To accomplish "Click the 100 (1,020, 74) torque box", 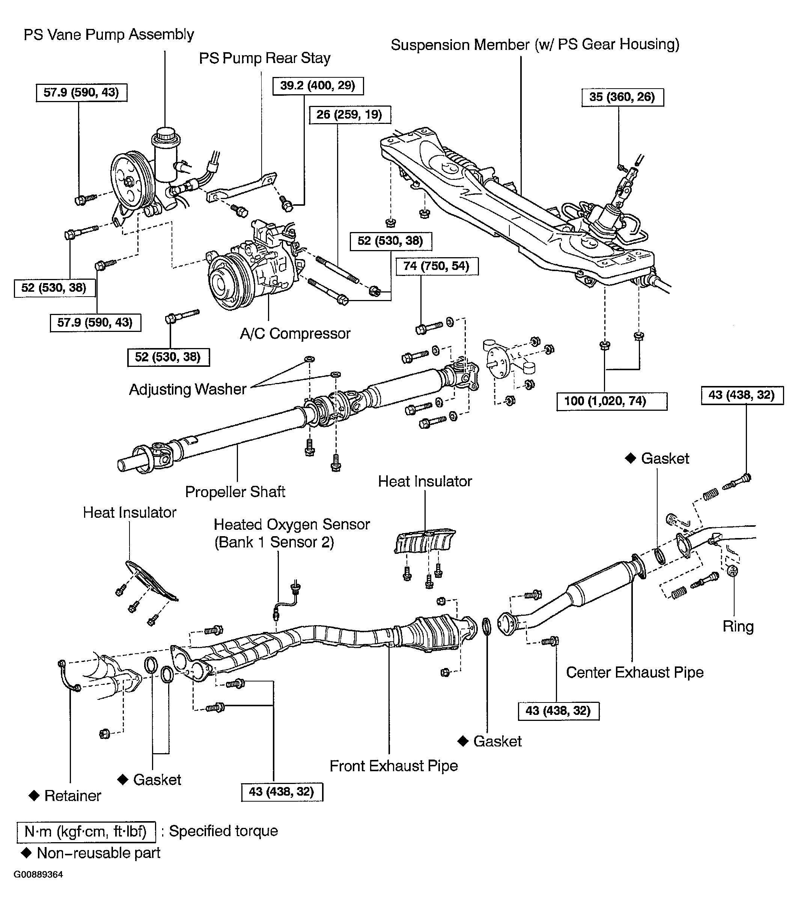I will coord(611,401).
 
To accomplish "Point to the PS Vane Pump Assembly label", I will coord(108,35).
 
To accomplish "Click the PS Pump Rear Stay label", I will coord(265,58).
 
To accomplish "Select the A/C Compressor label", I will coord(295,333).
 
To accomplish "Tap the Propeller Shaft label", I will coord(235,491).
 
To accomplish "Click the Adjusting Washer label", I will coord(187,389).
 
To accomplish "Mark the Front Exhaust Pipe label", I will coord(393,766).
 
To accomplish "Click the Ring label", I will coord(738,626).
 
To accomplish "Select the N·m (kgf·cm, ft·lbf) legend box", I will coord(86,831).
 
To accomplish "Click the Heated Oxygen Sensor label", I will coord(291,533).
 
